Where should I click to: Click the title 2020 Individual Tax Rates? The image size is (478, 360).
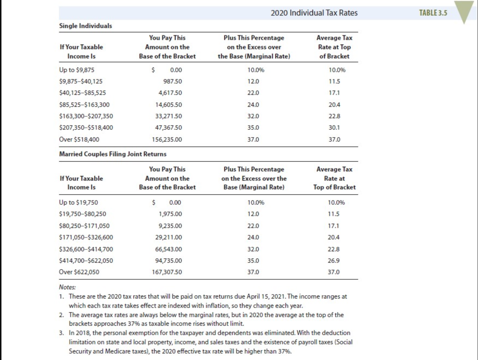click(x=314, y=13)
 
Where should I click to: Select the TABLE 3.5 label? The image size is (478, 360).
click(x=433, y=13)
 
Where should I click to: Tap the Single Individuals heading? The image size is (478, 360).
click(x=85, y=26)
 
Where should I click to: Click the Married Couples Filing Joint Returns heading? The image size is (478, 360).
click(x=113, y=154)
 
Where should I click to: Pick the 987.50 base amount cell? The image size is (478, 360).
click(x=173, y=81)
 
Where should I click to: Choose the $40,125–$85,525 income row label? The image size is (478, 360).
click(x=83, y=93)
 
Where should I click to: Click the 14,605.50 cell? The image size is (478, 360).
click(x=169, y=105)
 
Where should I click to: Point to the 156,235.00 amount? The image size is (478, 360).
click(x=167, y=139)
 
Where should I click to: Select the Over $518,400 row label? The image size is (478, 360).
click(x=79, y=139)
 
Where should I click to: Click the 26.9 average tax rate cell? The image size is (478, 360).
click(x=334, y=260)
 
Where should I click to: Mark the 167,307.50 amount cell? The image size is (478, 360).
click(x=167, y=272)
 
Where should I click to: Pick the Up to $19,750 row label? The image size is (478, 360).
click(x=78, y=202)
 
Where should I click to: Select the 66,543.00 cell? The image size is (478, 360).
click(x=169, y=249)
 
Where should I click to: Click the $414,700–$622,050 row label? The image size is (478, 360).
click(x=86, y=260)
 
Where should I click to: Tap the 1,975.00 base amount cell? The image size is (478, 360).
click(x=170, y=214)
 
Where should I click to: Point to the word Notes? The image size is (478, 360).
click(x=67, y=287)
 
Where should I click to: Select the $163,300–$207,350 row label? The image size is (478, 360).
click(x=86, y=116)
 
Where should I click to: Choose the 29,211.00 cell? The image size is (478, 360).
click(x=169, y=238)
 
